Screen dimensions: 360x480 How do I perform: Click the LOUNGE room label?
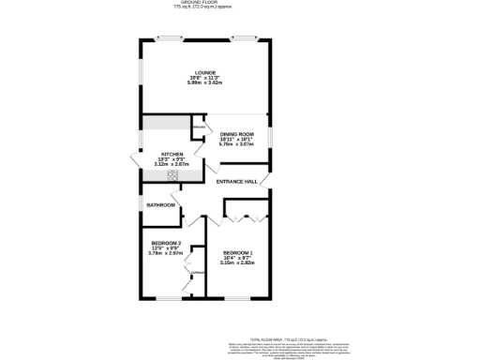(x=205, y=72)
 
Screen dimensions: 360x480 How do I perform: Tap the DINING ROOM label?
(x=236, y=134)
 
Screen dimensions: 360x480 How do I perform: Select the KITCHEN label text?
(x=172, y=154)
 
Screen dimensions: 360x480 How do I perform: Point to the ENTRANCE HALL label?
(x=236, y=181)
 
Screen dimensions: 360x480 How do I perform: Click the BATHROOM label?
(x=160, y=204)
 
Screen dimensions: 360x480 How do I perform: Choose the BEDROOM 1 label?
(x=237, y=252)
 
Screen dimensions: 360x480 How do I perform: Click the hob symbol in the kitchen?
(x=172, y=173)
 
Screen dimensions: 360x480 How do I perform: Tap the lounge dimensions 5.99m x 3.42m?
(x=205, y=83)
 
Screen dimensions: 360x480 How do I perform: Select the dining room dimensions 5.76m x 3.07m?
(x=236, y=144)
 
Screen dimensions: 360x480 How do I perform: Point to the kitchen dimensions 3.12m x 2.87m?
(x=172, y=164)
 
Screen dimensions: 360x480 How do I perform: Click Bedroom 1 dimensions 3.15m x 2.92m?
(x=237, y=262)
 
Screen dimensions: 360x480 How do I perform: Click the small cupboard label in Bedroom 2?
(x=197, y=273)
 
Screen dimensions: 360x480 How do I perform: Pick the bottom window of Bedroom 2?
(x=170, y=299)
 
